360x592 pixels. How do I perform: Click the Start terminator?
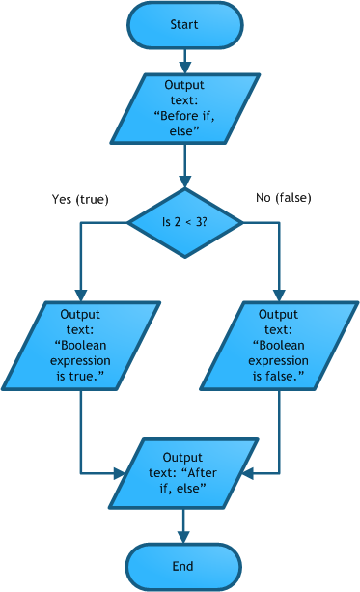[184, 25]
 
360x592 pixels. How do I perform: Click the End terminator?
[183, 566]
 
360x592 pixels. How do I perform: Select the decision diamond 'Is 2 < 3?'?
[184, 223]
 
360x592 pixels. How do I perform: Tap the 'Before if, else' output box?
[184, 108]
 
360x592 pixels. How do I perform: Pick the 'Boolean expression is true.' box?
[81, 346]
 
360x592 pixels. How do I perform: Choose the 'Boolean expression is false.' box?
[279, 346]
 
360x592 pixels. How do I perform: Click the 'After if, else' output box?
[183, 473]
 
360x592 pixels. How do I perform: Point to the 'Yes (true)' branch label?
[80, 199]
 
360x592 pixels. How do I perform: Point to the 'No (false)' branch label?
[284, 198]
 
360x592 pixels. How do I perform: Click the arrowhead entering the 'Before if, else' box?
[184, 68]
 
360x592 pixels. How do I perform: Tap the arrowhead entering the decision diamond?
[184, 182]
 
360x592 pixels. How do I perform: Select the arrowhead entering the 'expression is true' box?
[81, 296]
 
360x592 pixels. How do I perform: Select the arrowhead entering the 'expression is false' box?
[279, 296]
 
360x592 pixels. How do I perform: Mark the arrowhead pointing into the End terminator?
[183, 537]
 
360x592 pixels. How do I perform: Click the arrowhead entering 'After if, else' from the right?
[246, 473]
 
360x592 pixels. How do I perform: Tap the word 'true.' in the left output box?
[89, 376]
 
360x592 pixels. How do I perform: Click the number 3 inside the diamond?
[200, 223]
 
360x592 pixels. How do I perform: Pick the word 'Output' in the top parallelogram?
[184, 85]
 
